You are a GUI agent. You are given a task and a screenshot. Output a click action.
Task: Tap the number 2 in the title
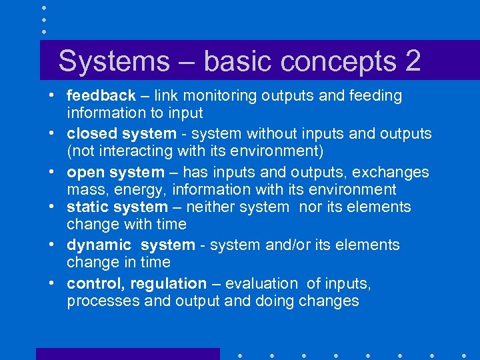click(x=411, y=61)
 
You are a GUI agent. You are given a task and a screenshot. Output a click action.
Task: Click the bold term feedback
click(x=101, y=96)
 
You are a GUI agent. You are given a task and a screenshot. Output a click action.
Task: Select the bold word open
click(x=85, y=173)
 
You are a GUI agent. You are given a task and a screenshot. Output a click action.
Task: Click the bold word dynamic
click(x=99, y=245)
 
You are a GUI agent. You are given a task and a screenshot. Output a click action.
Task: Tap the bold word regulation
click(x=169, y=284)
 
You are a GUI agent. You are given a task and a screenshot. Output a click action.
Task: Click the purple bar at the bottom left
click(x=127, y=354)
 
